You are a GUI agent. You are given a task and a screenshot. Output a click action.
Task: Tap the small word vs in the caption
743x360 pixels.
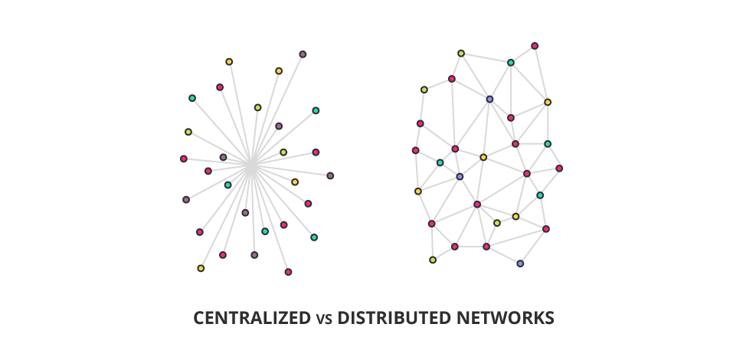point(322,318)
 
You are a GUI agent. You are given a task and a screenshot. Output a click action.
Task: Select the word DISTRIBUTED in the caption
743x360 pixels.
point(386,317)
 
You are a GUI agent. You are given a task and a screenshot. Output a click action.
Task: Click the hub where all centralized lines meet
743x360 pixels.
point(250,164)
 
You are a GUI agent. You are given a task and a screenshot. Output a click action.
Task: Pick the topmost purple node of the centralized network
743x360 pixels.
point(303,54)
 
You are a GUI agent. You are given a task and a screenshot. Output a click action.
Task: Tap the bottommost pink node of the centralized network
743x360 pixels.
point(288,272)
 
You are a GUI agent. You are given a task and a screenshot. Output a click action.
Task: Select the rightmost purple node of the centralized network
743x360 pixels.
point(330,175)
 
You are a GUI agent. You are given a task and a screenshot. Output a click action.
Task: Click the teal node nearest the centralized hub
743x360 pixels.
point(227,185)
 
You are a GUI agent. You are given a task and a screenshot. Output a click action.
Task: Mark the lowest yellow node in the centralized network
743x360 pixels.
point(201,268)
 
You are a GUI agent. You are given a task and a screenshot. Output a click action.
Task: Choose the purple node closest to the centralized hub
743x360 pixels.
point(223,157)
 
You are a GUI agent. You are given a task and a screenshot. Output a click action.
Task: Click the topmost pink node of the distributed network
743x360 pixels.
point(535,46)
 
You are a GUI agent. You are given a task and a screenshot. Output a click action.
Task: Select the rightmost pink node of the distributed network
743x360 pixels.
point(559,169)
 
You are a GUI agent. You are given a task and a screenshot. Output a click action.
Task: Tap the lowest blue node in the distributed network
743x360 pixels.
point(520,263)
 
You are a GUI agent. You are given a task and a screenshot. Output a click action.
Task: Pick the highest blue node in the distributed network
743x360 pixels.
point(489,99)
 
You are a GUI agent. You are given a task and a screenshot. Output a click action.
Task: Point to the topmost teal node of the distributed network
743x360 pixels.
point(511,63)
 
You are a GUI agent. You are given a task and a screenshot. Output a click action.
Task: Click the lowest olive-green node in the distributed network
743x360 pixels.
point(433,260)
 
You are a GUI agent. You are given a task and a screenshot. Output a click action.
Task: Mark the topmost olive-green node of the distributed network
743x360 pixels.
point(461,54)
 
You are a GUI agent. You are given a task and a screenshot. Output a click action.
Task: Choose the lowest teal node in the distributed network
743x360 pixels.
point(540,195)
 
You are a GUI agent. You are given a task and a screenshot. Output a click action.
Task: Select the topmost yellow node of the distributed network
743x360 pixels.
point(548,102)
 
